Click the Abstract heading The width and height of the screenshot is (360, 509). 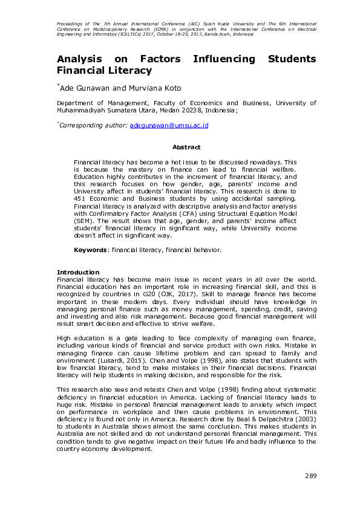186,147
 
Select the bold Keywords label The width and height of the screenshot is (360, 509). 91,250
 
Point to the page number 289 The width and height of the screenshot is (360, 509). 310,477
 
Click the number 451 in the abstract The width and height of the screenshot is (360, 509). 80,198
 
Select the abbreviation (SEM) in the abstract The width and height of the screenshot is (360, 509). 83,222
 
